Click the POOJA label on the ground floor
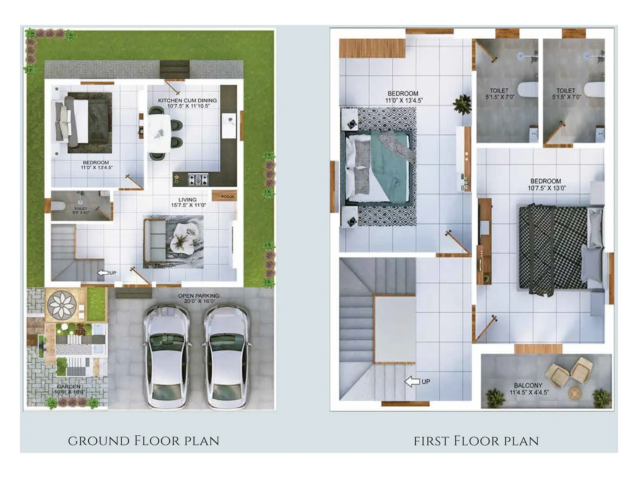click(228, 196)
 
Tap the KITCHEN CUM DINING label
click(187, 100)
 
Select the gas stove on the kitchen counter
click(198, 179)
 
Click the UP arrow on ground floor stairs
click(103, 273)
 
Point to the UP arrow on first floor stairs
click(413, 382)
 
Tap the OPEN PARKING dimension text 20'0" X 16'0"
click(199, 301)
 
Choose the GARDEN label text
click(69, 386)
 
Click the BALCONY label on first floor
click(528, 385)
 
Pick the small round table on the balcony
click(575, 393)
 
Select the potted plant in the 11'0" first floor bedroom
click(463, 104)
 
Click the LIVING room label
click(187, 200)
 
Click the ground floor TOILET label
click(81, 208)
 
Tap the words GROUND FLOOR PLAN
click(144, 441)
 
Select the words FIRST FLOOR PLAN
click(476, 441)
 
